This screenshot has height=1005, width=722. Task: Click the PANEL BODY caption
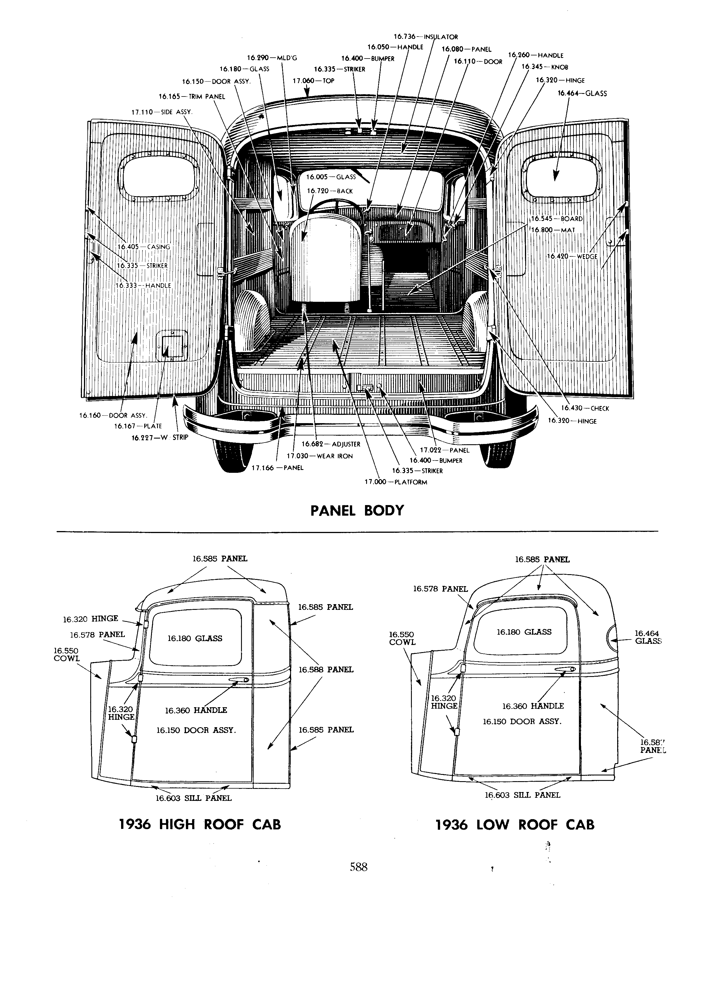[x=357, y=510]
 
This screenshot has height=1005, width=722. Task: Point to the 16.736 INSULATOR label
[x=426, y=37]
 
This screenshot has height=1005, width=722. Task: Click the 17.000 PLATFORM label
[x=396, y=482]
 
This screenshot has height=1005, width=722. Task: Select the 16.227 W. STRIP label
[x=160, y=438]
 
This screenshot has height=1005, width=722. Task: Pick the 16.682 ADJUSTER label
[x=331, y=444]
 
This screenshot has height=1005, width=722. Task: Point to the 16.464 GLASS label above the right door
[x=582, y=93]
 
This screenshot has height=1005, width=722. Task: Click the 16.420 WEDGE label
[x=572, y=257]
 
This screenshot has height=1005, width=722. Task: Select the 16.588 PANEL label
[x=326, y=670]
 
